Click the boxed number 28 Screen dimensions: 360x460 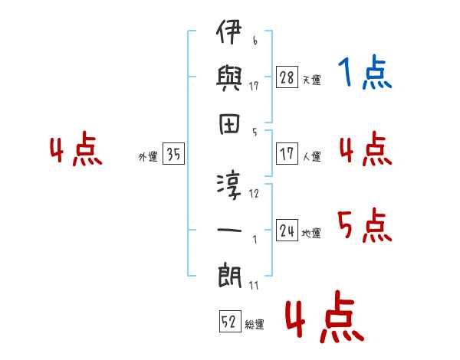[287, 78]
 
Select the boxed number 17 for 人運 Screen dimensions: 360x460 [287, 153]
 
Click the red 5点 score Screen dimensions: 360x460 [364, 225]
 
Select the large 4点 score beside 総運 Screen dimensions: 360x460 [323, 320]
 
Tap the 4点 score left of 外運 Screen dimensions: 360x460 [77, 152]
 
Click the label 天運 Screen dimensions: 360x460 [311, 80]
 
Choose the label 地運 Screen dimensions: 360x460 [311, 233]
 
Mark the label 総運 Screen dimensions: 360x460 [255, 324]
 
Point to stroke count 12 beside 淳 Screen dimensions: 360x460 [255, 193]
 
